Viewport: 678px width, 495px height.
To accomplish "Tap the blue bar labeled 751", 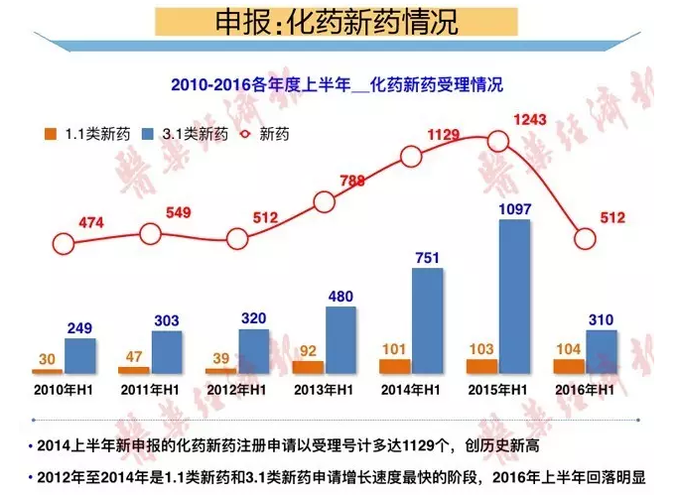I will point(427,320).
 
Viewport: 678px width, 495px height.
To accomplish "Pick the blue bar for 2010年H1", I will point(80,355).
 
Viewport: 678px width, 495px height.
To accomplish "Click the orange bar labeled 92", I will point(308,366).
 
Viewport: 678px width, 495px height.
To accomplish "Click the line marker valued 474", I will point(64,244).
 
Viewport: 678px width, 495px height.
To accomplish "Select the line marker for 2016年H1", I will point(587,239).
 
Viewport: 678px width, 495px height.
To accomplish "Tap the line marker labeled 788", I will point(326,202).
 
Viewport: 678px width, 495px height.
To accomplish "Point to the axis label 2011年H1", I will point(149,391).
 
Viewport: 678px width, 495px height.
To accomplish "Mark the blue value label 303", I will point(166,318).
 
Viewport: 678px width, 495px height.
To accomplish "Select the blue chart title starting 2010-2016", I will point(337,86).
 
